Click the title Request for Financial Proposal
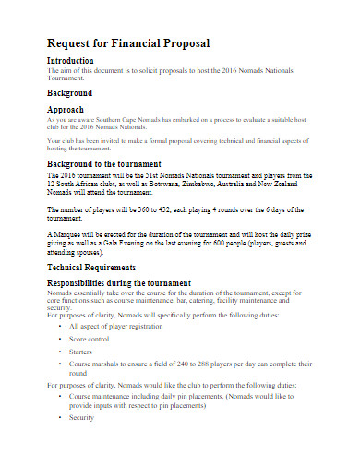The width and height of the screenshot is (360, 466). tap(128, 43)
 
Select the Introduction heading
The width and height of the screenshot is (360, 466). tap(77, 60)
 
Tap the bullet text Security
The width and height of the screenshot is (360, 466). tap(83, 417)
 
